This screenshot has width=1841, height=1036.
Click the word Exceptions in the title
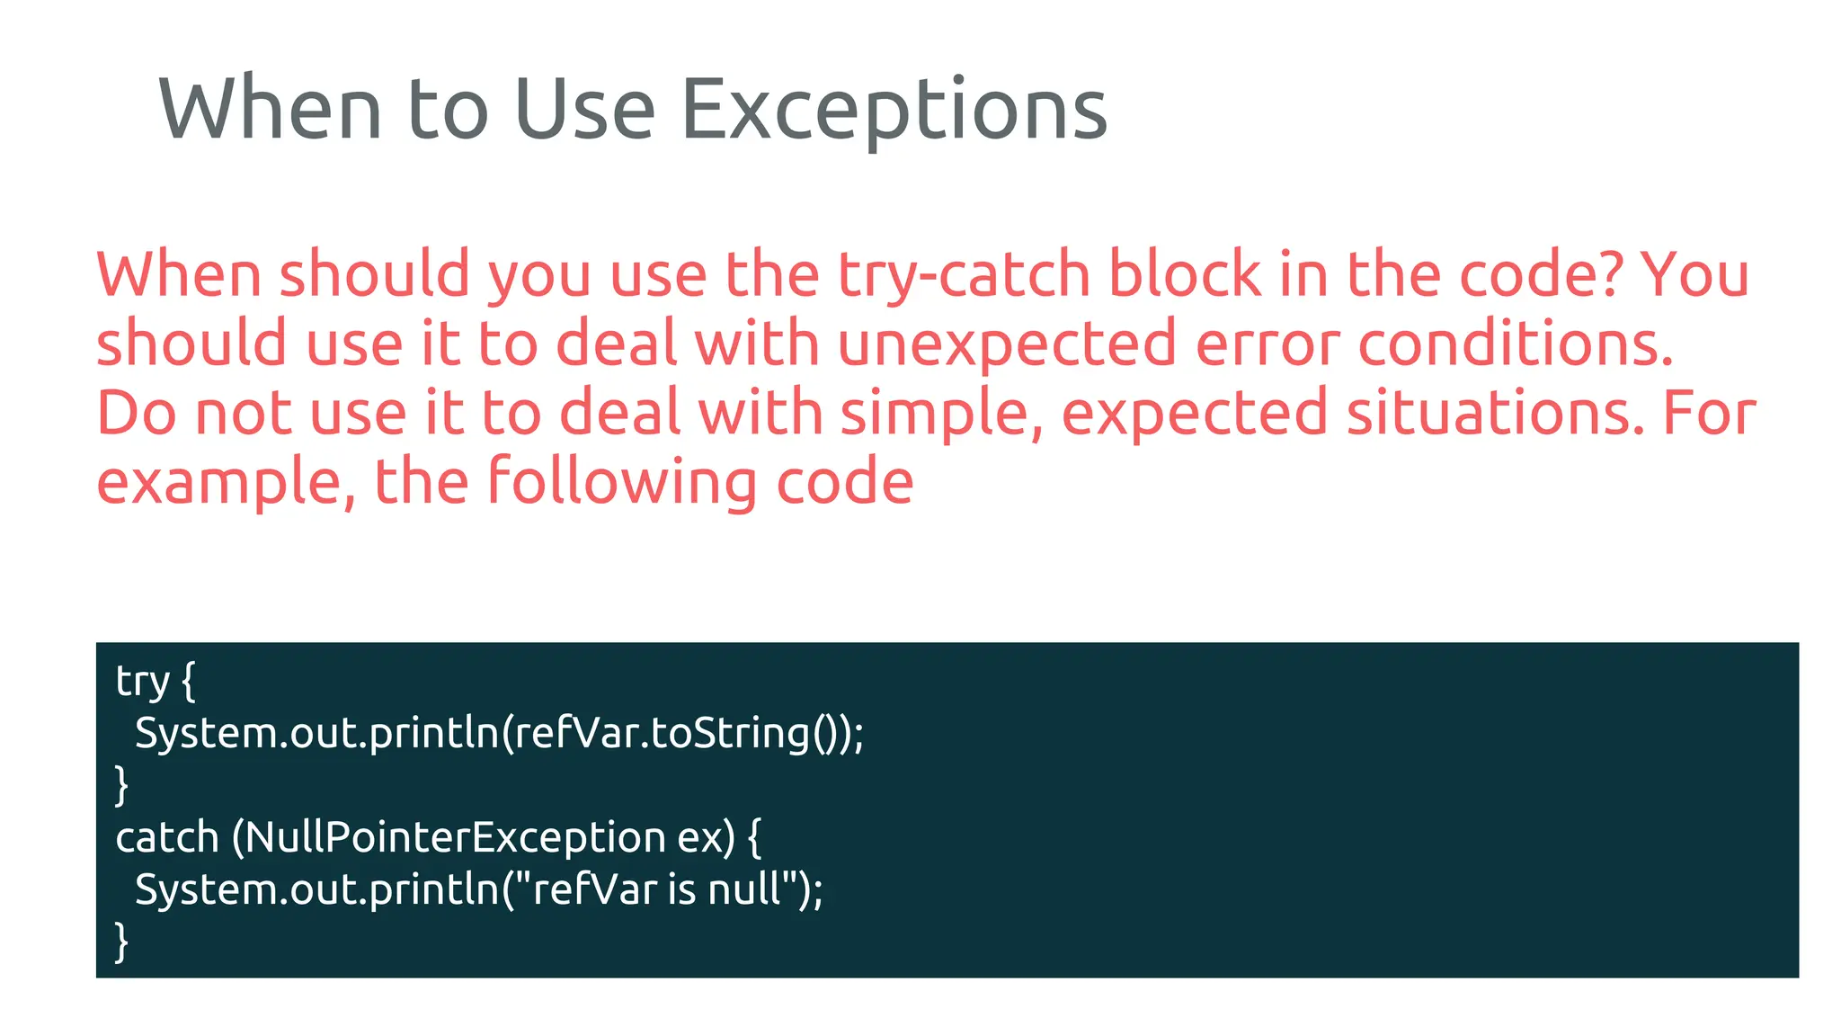(894, 111)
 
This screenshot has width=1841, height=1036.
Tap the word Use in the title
(584, 111)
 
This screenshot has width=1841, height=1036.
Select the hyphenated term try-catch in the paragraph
(964, 274)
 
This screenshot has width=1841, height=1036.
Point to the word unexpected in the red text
(1007, 344)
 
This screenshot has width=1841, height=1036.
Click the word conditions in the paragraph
(1516, 344)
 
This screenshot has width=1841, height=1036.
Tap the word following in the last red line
(621, 482)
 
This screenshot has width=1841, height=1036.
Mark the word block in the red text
(1184, 274)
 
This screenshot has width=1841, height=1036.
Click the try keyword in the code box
(142, 682)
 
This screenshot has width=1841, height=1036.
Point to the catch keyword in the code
(167, 838)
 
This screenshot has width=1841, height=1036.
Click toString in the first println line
(729, 734)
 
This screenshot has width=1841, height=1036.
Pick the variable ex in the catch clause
(699, 838)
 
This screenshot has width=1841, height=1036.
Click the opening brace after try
(188, 682)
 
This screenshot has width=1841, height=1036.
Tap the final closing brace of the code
(122, 942)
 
